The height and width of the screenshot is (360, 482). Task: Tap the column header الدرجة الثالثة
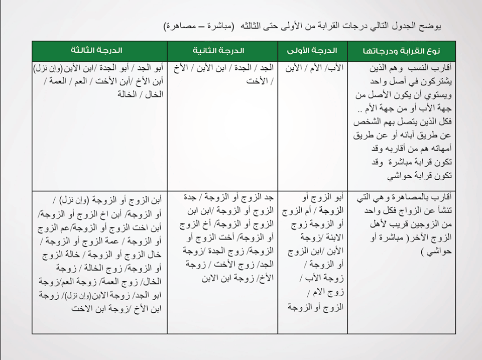[97, 51]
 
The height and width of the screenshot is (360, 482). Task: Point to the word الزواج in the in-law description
[395, 209]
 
